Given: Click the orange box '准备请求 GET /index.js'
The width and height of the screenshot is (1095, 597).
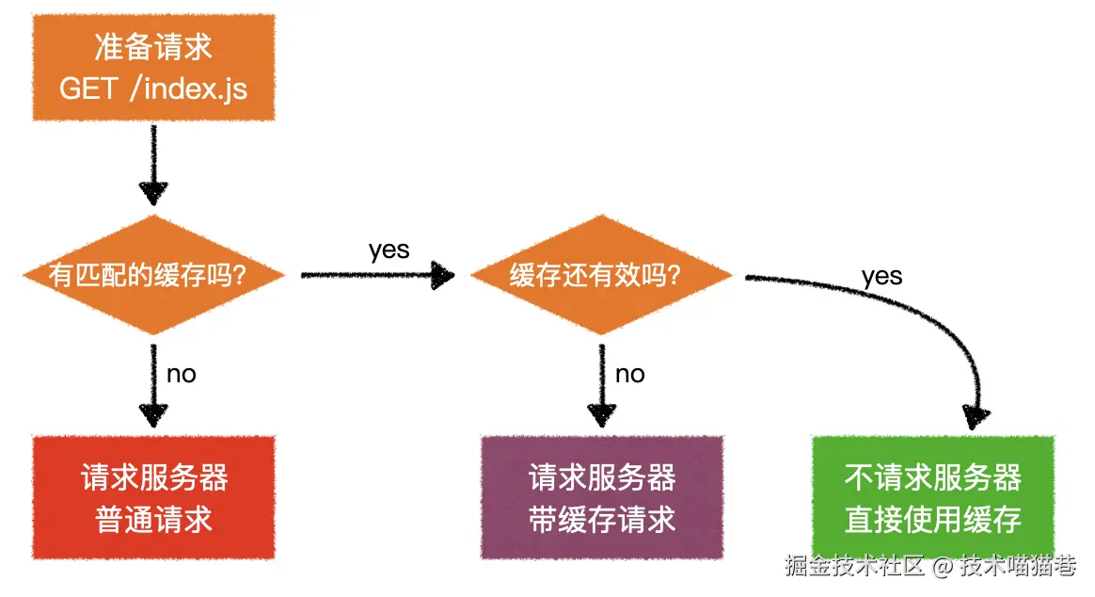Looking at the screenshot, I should pos(153,67).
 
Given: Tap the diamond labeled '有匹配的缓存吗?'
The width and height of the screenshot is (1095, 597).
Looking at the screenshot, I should pos(153,275).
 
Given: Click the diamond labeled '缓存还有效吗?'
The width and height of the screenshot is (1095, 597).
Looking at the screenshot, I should pos(600,275).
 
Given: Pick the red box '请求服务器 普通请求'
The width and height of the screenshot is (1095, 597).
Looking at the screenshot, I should pos(153,498).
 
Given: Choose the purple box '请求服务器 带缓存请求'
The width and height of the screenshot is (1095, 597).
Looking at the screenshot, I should pos(602,498).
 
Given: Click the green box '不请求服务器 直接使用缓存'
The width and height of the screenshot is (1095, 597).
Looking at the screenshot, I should pos(932,498).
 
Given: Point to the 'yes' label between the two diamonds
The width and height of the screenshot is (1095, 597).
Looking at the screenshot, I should pos(389,250).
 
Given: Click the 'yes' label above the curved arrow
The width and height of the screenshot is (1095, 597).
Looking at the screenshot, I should pos(881,276).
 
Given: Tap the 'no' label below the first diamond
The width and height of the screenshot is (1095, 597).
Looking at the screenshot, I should pos(181,374).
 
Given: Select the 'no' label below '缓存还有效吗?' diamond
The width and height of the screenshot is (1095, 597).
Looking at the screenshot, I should pos(629,374).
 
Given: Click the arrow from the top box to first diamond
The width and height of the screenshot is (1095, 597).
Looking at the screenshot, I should pos(153,165).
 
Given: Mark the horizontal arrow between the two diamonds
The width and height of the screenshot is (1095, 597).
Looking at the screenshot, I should pos(376,275).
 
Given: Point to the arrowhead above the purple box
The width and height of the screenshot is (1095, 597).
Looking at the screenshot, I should pos(602,414).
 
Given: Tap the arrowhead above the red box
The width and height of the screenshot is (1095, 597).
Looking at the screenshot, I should pos(153,414).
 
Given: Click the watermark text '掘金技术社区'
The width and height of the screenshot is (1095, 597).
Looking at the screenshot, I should pos(854,566).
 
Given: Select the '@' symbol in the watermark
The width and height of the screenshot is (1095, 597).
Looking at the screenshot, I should pos(944,567).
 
